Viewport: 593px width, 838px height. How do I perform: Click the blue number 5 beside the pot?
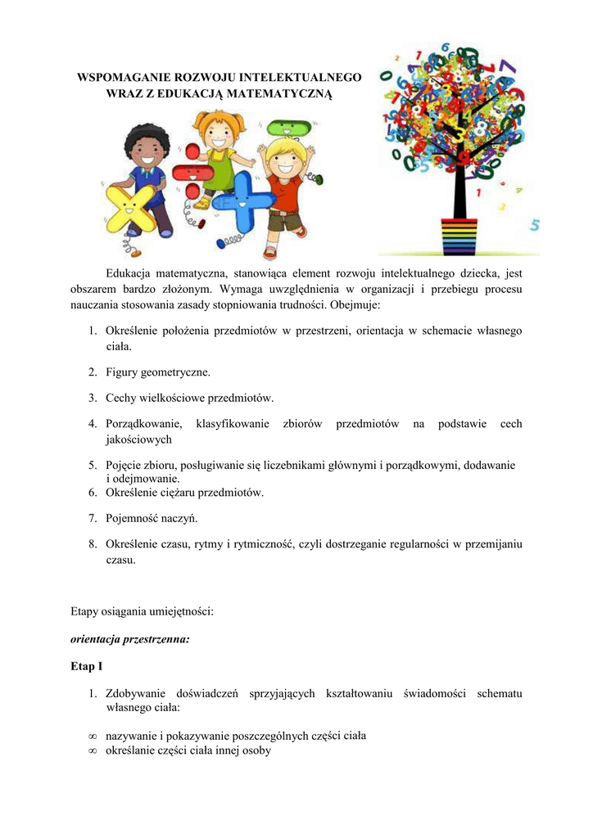(534, 224)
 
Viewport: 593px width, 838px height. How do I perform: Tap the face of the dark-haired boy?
(147, 151)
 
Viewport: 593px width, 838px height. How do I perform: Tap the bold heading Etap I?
(87, 667)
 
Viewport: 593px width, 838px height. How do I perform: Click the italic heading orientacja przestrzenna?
(130, 640)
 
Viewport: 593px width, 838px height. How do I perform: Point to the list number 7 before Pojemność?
(93, 519)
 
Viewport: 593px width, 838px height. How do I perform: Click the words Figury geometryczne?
(158, 372)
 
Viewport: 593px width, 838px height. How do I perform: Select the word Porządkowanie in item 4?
(143, 424)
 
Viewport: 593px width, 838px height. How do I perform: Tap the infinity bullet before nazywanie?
(93, 737)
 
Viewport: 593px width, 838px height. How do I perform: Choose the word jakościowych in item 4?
(138, 439)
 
